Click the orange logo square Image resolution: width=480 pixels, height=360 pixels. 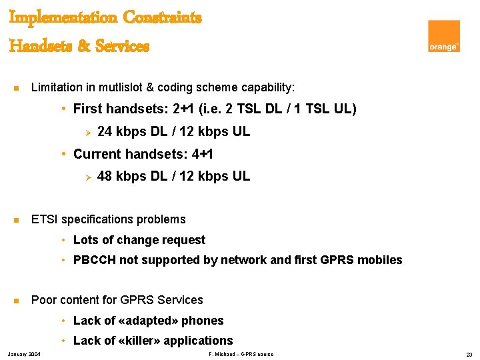point(444,36)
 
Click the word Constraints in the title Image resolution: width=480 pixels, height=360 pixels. point(161,17)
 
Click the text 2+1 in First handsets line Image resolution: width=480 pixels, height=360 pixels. point(184,109)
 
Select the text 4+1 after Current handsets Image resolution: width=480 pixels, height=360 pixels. point(202,154)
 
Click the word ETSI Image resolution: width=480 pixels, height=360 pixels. point(44,219)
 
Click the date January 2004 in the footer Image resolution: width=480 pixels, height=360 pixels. point(23,354)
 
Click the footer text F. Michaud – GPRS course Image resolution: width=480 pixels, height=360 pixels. point(241,354)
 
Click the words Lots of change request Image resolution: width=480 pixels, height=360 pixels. point(139,240)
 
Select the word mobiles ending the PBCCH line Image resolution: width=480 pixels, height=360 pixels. point(381,260)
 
